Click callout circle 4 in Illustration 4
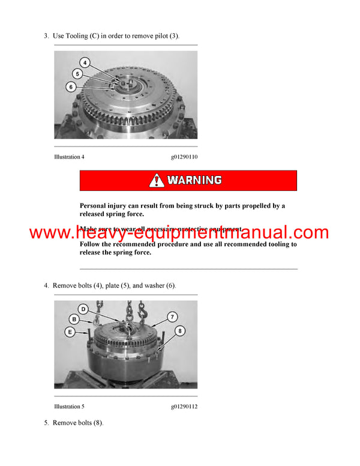click(85, 62)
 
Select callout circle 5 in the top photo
click(77, 74)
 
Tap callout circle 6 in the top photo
click(71, 86)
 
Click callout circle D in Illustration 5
click(83, 309)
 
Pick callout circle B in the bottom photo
click(74, 319)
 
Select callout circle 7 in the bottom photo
click(172, 316)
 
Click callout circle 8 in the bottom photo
click(179, 331)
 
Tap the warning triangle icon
click(157, 180)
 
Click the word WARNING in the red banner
click(194, 180)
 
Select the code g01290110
click(184, 157)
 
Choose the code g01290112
click(184, 407)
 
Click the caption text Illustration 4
click(69, 157)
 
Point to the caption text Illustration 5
click(69, 407)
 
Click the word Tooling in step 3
click(77, 36)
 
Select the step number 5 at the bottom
click(46, 423)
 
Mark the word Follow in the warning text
click(92, 244)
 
